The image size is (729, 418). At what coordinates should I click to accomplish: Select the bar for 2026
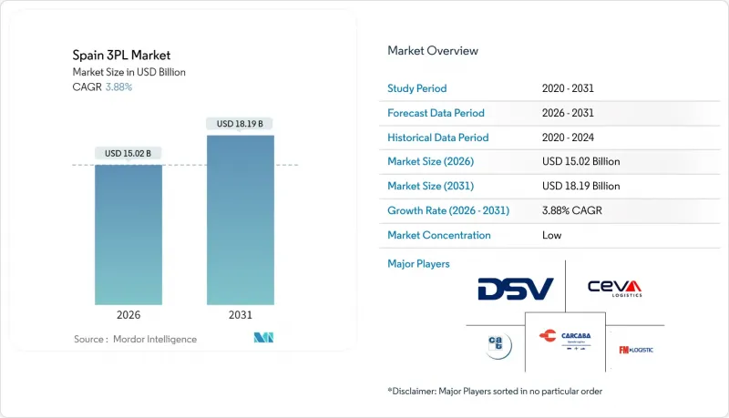(129, 234)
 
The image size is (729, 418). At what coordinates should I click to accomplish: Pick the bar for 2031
(241, 219)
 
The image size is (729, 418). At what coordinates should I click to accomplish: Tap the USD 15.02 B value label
(129, 153)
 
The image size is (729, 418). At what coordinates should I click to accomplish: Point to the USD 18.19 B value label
(241, 124)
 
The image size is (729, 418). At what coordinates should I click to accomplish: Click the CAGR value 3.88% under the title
(118, 87)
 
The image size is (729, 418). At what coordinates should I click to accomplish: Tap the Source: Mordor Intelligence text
(135, 339)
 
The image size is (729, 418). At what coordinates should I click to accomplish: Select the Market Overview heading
(433, 51)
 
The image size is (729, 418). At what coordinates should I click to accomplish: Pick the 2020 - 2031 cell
(569, 88)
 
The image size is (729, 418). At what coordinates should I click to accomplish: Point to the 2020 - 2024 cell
(569, 138)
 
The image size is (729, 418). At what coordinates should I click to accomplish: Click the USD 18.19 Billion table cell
(580, 186)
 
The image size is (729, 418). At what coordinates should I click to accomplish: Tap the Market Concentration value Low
(550, 235)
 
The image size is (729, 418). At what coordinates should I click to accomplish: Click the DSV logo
(515, 289)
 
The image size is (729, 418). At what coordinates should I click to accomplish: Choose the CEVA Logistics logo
(614, 288)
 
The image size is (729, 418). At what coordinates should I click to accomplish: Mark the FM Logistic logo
(636, 350)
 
